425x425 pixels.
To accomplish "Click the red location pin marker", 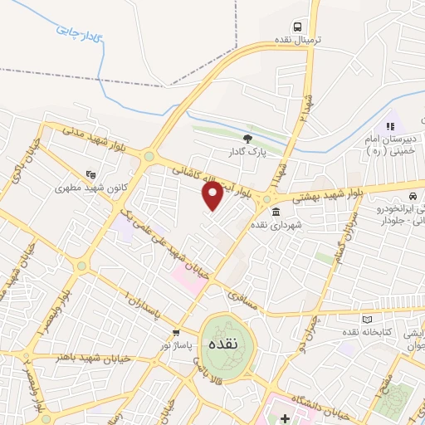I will coord(213,197).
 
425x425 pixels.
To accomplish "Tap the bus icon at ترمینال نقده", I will coord(296,26).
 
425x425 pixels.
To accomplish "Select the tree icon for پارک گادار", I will coord(246,138).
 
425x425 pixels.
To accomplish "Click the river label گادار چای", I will coord(78,33).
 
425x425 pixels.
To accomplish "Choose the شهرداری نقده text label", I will coord(302,224).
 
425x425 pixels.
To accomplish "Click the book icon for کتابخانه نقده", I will coord(368,319).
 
